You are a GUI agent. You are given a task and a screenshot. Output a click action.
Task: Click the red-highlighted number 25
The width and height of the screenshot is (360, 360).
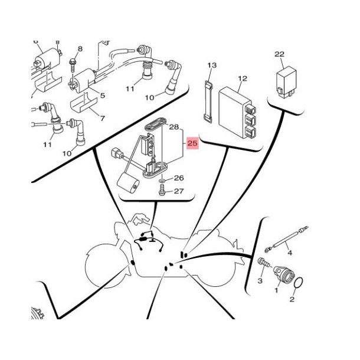[192, 143]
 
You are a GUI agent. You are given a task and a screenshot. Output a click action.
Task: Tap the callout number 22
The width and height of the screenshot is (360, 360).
[279, 54]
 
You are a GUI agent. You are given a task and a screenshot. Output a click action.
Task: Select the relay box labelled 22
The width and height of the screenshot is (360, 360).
[286, 82]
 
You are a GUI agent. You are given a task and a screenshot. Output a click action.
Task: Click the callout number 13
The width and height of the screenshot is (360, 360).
[212, 65]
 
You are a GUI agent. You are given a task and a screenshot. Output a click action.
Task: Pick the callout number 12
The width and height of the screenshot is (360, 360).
[243, 78]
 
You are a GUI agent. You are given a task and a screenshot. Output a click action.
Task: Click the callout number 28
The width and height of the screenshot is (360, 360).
[174, 127]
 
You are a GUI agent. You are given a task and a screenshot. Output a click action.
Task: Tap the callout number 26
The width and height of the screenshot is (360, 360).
[179, 178]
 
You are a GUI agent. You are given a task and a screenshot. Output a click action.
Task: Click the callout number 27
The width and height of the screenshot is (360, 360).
[179, 191]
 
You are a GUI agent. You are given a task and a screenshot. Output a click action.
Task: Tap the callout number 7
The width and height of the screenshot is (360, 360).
[103, 118]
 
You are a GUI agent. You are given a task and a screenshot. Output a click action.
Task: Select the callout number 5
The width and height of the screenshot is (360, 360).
[103, 95]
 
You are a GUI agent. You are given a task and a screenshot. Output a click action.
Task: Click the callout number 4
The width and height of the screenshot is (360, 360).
[290, 253]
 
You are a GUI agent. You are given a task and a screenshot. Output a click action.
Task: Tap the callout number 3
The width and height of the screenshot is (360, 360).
[260, 280]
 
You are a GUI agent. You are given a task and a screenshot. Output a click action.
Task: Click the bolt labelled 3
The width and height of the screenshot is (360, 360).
[264, 263]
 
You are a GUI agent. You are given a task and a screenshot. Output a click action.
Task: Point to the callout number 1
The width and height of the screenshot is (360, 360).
[276, 290]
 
